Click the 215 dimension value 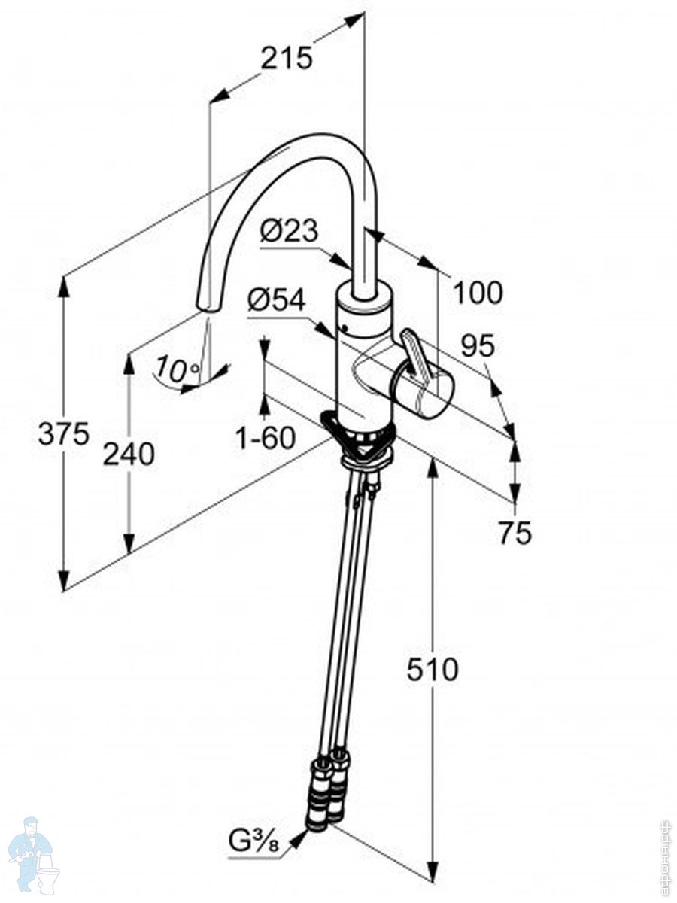click(x=287, y=58)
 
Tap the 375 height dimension click(x=64, y=434)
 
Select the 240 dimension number click(x=129, y=454)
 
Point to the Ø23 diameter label click(x=290, y=231)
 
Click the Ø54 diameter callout click(x=276, y=301)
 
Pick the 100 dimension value click(x=477, y=292)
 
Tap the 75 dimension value click(x=515, y=533)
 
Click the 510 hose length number click(x=433, y=669)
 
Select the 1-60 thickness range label click(x=266, y=438)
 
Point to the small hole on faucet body click(x=345, y=330)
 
